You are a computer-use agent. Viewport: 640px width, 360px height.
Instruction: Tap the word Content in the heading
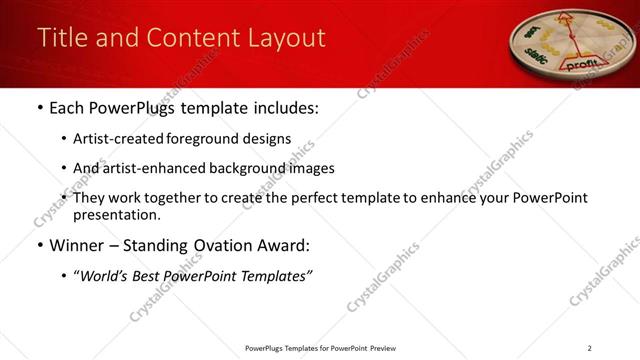pos(190,38)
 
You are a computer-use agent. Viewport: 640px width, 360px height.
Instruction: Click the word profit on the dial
pos(582,63)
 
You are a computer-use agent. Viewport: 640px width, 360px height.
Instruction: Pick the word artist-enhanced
pos(162,168)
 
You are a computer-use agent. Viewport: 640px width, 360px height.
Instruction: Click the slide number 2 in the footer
pos(589,348)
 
